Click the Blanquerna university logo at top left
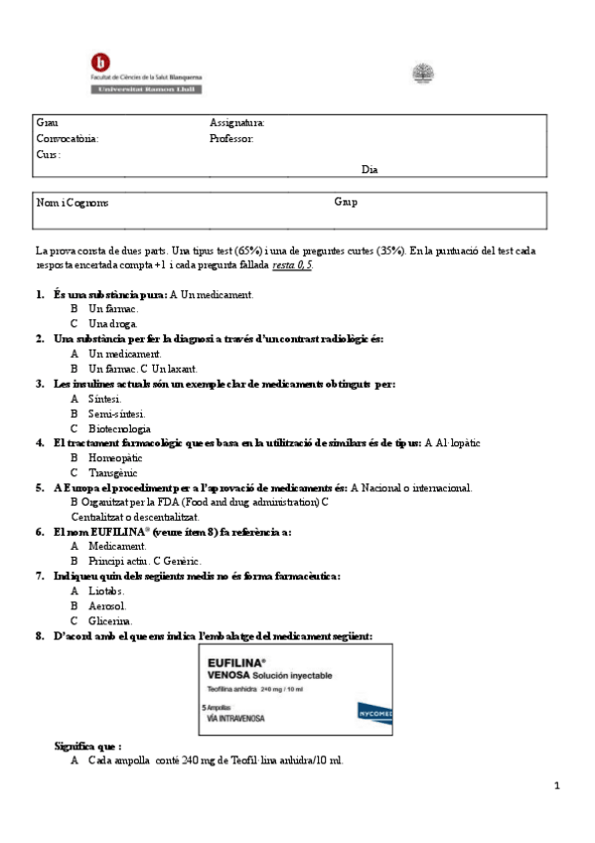click(x=145, y=75)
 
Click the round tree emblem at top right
click(x=423, y=74)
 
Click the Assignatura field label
click(x=237, y=122)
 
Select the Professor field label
click(x=231, y=138)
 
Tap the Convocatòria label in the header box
click(x=68, y=138)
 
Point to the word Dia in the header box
click(x=370, y=169)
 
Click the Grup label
click(x=346, y=202)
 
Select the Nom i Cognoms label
click(x=73, y=203)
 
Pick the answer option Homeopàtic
click(x=115, y=458)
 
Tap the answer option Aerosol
click(x=107, y=605)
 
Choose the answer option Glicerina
click(x=109, y=620)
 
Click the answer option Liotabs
click(x=106, y=590)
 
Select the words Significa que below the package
click(x=87, y=746)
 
